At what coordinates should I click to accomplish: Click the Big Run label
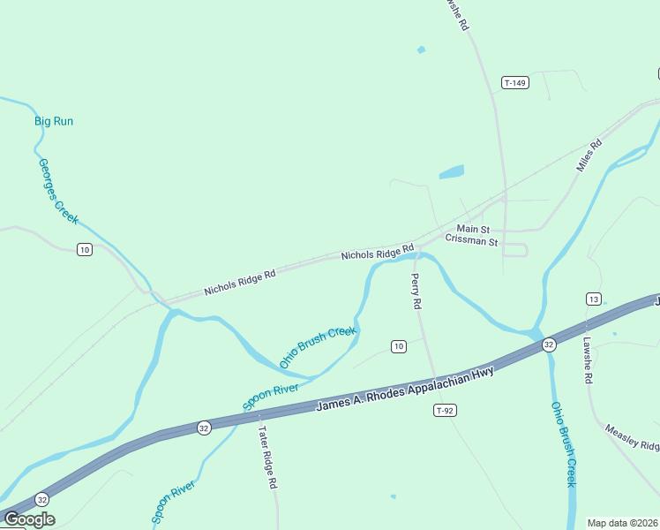coord(54,121)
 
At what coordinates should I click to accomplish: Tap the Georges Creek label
coord(58,189)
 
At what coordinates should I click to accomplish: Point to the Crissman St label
coord(471,240)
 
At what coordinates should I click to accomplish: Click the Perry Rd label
coord(416,291)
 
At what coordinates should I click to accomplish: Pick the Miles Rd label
coord(589,155)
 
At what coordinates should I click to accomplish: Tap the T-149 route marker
coord(514,83)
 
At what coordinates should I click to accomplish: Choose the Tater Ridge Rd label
coord(267,458)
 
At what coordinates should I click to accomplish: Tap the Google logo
coord(28,519)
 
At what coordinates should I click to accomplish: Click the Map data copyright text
coord(622,522)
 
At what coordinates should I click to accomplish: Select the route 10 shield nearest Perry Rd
coord(399,346)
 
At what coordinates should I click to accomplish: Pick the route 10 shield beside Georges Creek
coord(84,250)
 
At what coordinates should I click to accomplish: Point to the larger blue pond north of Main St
coord(451,172)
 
